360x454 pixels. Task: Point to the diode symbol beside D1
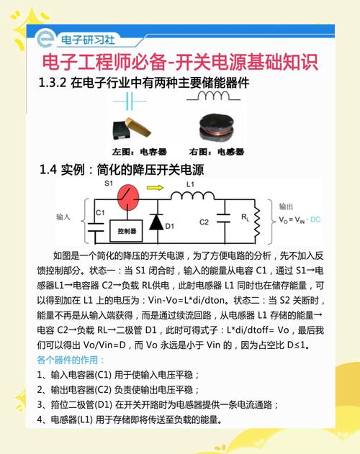pyautogui.click(x=155, y=222)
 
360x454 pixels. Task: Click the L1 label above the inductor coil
pyautogui.click(x=191, y=185)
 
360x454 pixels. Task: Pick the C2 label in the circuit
pyautogui.click(x=204, y=221)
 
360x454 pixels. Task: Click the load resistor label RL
pyautogui.click(x=246, y=217)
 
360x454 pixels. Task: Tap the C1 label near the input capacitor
pyautogui.click(x=101, y=212)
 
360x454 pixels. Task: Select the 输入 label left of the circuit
pyautogui.click(x=64, y=217)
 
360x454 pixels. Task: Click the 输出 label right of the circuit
pyautogui.click(x=287, y=205)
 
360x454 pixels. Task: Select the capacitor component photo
pyautogui.click(x=133, y=130)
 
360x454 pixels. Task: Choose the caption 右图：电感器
pyautogui.click(x=217, y=152)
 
